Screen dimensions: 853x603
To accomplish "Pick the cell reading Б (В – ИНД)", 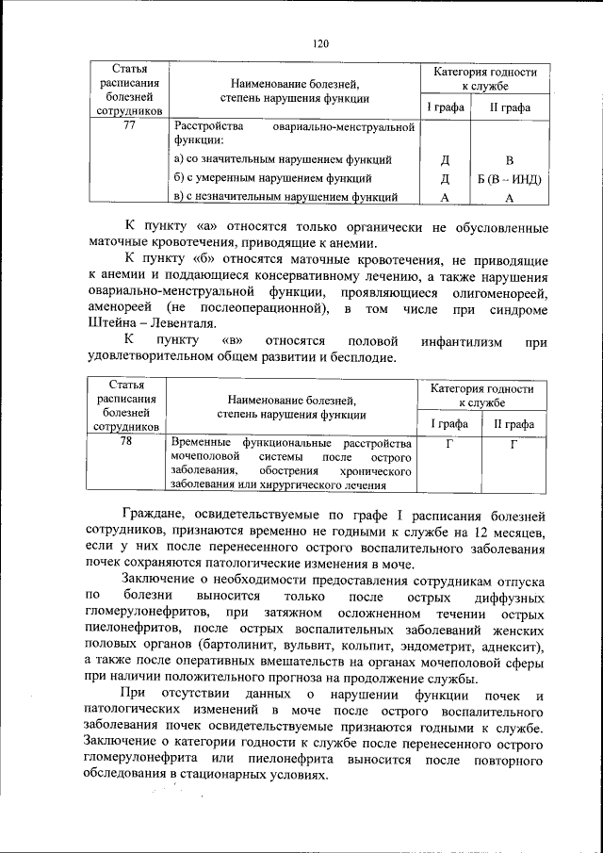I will pos(509,178).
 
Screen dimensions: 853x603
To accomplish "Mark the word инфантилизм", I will pos(447,341).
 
